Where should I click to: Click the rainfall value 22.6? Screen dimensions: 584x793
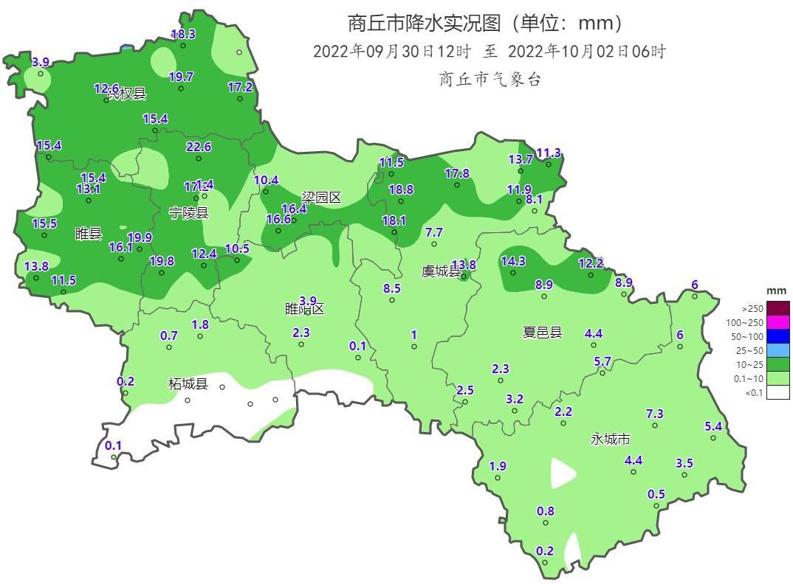(199, 147)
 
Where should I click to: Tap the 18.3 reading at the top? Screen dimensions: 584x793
(183, 34)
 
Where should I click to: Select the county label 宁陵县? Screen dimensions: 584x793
(188, 213)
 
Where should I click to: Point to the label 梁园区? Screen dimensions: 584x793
(321, 198)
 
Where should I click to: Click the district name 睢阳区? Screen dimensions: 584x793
(305, 309)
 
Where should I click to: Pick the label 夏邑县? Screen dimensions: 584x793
(542, 333)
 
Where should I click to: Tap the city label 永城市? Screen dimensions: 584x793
(611, 439)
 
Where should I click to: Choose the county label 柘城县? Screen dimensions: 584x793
(188, 384)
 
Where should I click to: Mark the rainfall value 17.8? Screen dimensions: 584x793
(457, 173)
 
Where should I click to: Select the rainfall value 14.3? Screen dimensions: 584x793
(513, 261)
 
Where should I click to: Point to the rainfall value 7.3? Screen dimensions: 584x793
(655, 414)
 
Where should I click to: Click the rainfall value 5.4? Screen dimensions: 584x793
(713, 426)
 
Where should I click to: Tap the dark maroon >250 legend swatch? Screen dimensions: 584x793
(777, 308)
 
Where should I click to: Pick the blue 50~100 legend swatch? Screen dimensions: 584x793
(777, 336)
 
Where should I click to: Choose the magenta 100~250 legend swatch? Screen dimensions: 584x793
(777, 322)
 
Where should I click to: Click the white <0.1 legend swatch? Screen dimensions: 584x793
(777, 392)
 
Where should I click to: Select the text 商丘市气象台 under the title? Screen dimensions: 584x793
(490, 80)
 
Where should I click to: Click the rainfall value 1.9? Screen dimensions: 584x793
(498, 466)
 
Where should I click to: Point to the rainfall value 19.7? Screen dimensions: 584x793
(181, 77)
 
